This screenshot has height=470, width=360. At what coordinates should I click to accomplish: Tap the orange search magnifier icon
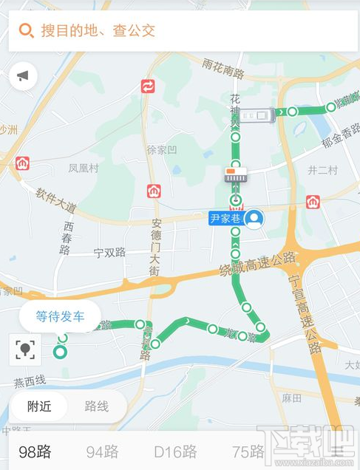pyautogui.click(x=26, y=31)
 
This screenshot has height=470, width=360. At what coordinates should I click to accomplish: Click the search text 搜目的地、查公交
pyautogui.click(x=98, y=31)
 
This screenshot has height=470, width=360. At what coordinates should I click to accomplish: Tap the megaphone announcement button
pyautogui.click(x=24, y=76)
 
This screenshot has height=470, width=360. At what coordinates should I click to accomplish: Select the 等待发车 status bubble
pyautogui.click(x=60, y=316)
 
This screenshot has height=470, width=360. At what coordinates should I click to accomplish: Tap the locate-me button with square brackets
pyautogui.click(x=25, y=350)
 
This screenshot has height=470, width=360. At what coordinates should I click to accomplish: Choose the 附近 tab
pyautogui.click(x=39, y=406)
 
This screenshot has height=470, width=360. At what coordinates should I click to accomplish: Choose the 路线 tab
pyautogui.click(x=96, y=406)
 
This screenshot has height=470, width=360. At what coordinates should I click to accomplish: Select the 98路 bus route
pyautogui.click(x=36, y=452)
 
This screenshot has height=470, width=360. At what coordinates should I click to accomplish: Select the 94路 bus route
pyautogui.click(x=102, y=452)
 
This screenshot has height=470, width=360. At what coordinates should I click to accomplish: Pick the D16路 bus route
pyautogui.click(x=175, y=452)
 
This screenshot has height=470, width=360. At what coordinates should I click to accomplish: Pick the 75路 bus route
pyautogui.click(x=248, y=452)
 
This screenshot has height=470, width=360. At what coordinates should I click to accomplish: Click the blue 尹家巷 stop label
pyautogui.click(x=226, y=219)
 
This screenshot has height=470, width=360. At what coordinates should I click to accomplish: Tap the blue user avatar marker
pyautogui.click(x=254, y=219)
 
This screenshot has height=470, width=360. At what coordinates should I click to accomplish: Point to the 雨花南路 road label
pyautogui.click(x=223, y=69)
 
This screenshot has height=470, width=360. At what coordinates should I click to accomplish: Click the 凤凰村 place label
pyautogui.click(x=84, y=168)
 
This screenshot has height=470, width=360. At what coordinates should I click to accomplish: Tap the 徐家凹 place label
pyautogui.click(x=162, y=150)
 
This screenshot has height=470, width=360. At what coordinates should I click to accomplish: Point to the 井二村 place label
pyautogui.click(x=322, y=170)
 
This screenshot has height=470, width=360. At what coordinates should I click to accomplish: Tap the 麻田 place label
pyautogui.click(x=292, y=398)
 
